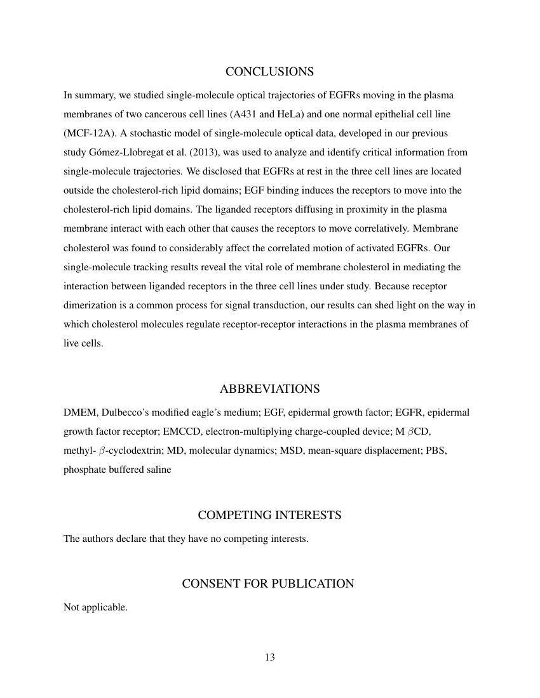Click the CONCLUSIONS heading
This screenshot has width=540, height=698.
pyautogui.click(x=269, y=71)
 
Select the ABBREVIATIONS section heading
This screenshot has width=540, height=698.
pyautogui.click(x=269, y=388)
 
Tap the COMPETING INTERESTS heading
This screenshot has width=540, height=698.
pyautogui.click(x=269, y=515)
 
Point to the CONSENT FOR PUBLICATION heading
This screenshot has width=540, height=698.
pyautogui.click(x=268, y=583)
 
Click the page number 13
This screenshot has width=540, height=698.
pyautogui.click(x=269, y=657)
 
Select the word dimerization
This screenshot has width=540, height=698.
pyautogui.click(x=90, y=305)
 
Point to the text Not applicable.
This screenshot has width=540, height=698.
pyautogui.click(x=95, y=607)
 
